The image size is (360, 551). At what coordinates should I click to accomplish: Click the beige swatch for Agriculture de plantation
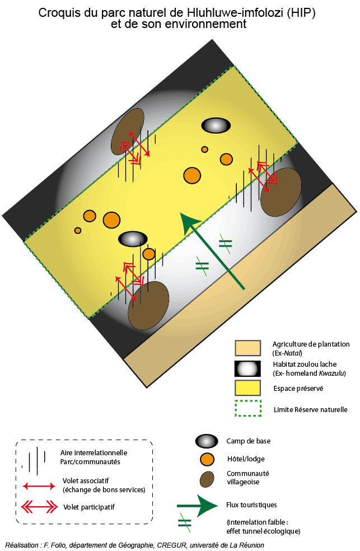248,348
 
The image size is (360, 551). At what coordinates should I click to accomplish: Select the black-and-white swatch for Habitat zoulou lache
248,368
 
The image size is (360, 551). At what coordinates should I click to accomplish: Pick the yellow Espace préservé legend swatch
248,387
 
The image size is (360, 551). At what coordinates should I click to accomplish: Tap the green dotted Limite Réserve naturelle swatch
248,408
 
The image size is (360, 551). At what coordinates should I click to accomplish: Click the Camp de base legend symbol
207,441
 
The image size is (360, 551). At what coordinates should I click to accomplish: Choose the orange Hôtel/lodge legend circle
207,460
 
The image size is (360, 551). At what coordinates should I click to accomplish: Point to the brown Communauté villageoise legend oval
207,479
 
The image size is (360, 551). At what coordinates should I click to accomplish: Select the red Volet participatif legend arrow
39,507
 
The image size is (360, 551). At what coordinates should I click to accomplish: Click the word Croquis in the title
57,13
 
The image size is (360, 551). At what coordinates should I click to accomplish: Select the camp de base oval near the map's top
216,126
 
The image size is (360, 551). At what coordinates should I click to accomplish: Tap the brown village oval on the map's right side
281,192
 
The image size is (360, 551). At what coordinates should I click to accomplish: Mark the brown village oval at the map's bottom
148,305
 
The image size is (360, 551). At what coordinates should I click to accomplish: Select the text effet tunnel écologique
263,531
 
